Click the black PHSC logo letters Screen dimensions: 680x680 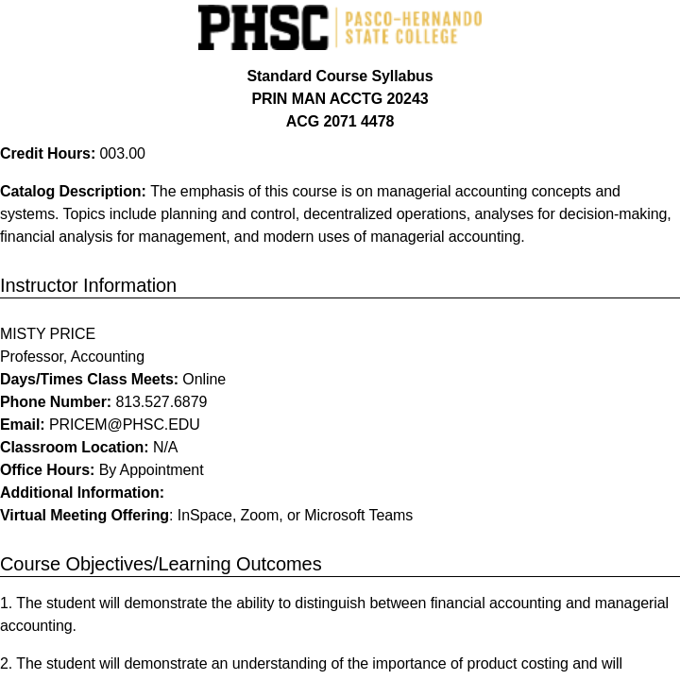pos(263,27)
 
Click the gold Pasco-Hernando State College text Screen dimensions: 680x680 pos(413,28)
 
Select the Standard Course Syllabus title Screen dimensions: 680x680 pos(340,76)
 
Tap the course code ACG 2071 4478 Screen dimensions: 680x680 pos(340,122)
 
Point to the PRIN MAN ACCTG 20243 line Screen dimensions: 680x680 pos(340,99)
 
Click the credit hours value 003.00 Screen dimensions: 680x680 pos(123,154)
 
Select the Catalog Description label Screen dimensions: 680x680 pos(73,192)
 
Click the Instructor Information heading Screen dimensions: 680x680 pos(88,285)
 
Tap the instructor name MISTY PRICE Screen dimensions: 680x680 pos(47,334)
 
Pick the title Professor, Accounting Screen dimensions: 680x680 pos(72,357)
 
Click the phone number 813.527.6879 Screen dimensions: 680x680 pos(161,402)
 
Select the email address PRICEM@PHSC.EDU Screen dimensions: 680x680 pos(125,425)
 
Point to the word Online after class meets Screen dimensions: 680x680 pos(204,380)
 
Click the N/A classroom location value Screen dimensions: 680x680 pos(165,448)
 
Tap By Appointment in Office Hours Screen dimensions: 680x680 pos(151,470)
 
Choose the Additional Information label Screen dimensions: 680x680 pos(82,493)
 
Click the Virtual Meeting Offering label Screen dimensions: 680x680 pos(85,516)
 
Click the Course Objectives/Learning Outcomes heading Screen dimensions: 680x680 pos(161,564)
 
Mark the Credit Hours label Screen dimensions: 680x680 pos(47,154)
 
